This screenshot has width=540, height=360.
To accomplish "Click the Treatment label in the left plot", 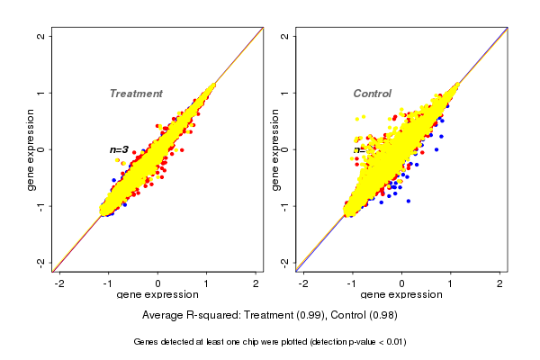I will [136, 94].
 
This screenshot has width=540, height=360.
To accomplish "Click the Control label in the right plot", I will [373, 94].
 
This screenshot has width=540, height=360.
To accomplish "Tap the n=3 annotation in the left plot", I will [120, 149].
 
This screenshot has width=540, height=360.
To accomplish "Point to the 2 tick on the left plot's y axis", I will [41, 36].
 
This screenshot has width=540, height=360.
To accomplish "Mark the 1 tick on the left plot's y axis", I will [41, 93].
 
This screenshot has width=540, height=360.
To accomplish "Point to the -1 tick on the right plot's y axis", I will [285, 205].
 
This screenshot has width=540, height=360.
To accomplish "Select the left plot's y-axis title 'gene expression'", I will [31, 149].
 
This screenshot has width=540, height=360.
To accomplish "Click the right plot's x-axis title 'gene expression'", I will [401, 295].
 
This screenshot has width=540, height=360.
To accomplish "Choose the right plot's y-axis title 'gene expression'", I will [275, 149].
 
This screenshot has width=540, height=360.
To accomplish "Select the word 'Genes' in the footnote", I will [147, 342].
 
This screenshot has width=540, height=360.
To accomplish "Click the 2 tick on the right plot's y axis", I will [285, 36].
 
